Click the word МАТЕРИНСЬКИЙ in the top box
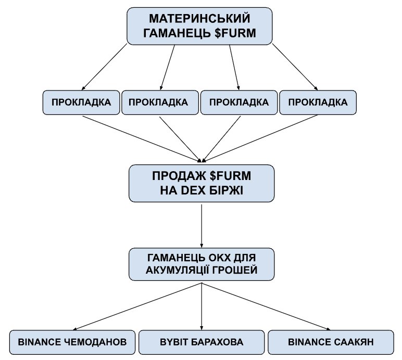tap(199, 19)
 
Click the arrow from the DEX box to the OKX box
tap(201, 224)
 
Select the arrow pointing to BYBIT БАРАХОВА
tap(201, 307)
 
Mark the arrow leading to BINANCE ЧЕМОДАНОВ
tap(135, 307)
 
